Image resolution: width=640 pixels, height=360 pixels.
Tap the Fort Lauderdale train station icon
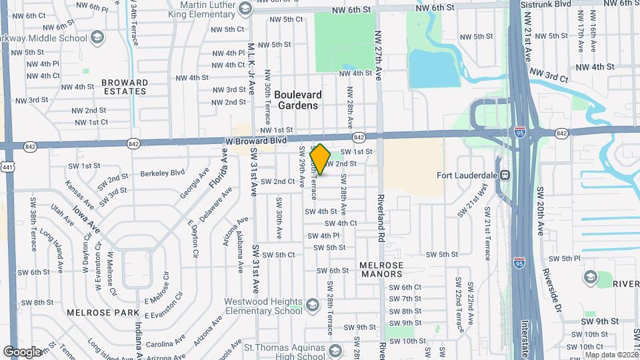505,176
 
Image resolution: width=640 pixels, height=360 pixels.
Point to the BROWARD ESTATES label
125,87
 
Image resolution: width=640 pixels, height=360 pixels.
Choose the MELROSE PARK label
93,312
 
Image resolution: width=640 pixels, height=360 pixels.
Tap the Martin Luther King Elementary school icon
245,8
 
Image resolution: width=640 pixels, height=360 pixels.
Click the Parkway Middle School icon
97,36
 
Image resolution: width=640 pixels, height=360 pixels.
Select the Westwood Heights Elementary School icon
311,306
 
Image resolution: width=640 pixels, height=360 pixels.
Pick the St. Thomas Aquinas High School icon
337,350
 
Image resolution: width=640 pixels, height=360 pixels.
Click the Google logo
22,351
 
